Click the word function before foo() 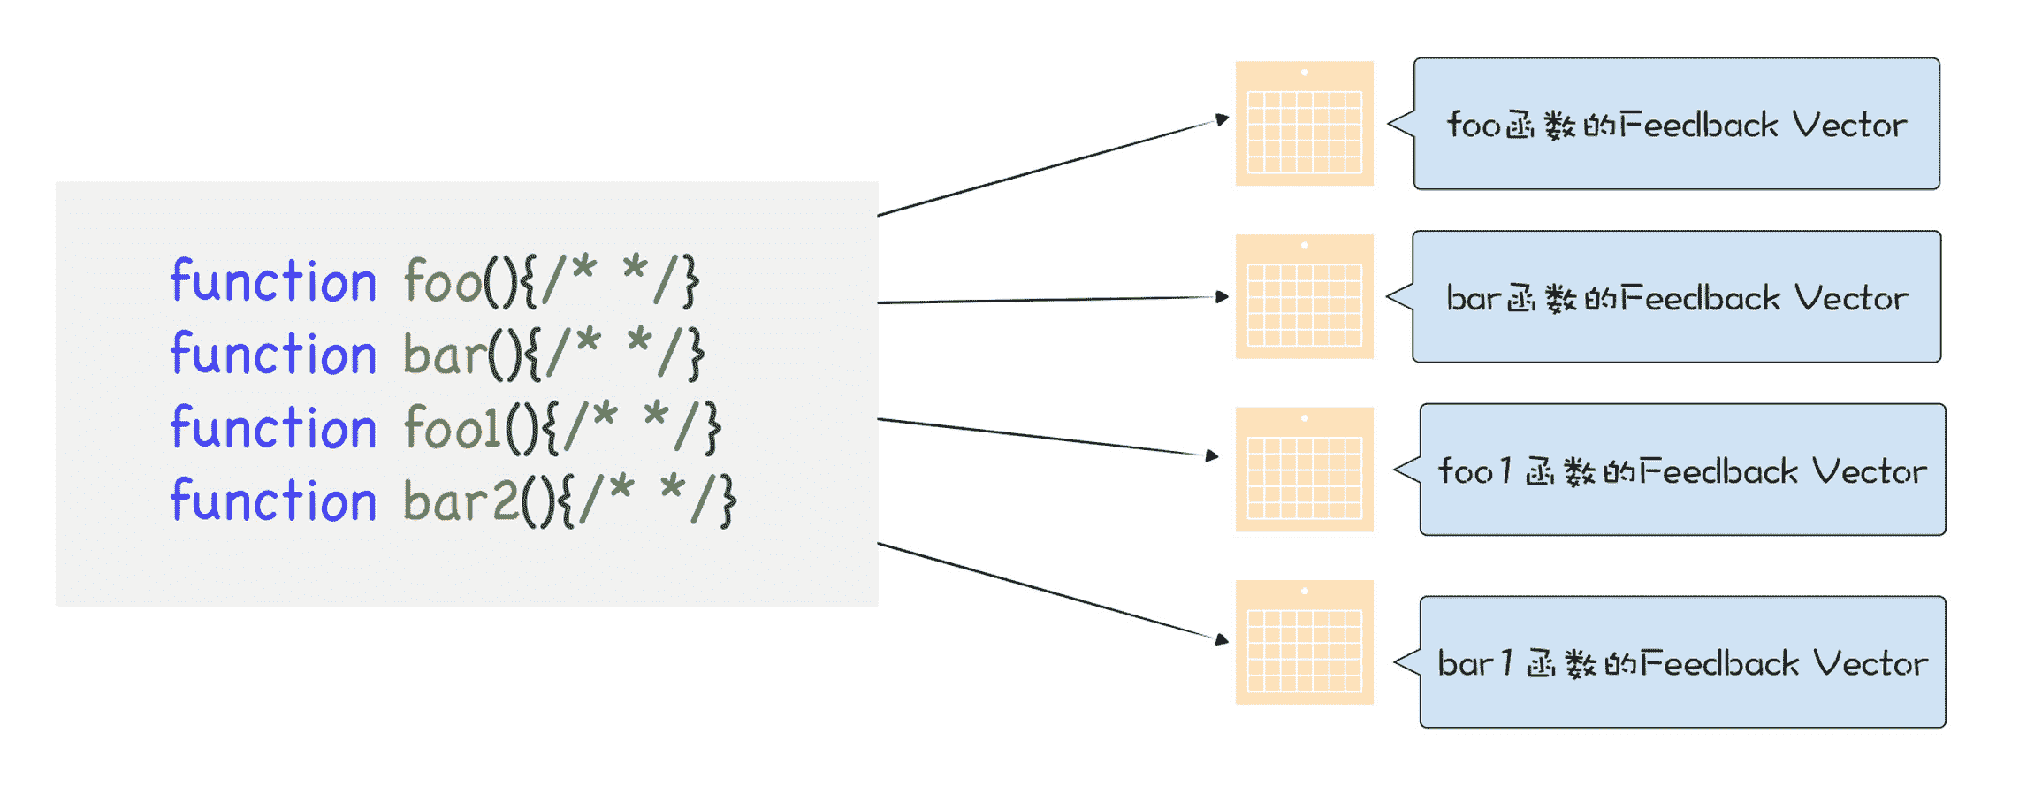tap(273, 282)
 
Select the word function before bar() tap(273, 355)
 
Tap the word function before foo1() tap(273, 428)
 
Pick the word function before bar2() tap(273, 500)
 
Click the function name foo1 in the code tap(453, 428)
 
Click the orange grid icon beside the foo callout tap(1304, 124)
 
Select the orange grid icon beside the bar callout tap(1304, 297)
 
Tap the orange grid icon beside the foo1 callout tap(1304, 470)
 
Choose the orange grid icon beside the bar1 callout tap(1304, 643)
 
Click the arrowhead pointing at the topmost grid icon tap(1223, 119)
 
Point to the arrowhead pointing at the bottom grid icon tap(1223, 639)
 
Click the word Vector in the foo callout tap(1849, 126)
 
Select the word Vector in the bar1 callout tap(1870, 664)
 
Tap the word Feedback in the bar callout tap(1699, 299)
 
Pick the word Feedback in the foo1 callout tap(1718, 472)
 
